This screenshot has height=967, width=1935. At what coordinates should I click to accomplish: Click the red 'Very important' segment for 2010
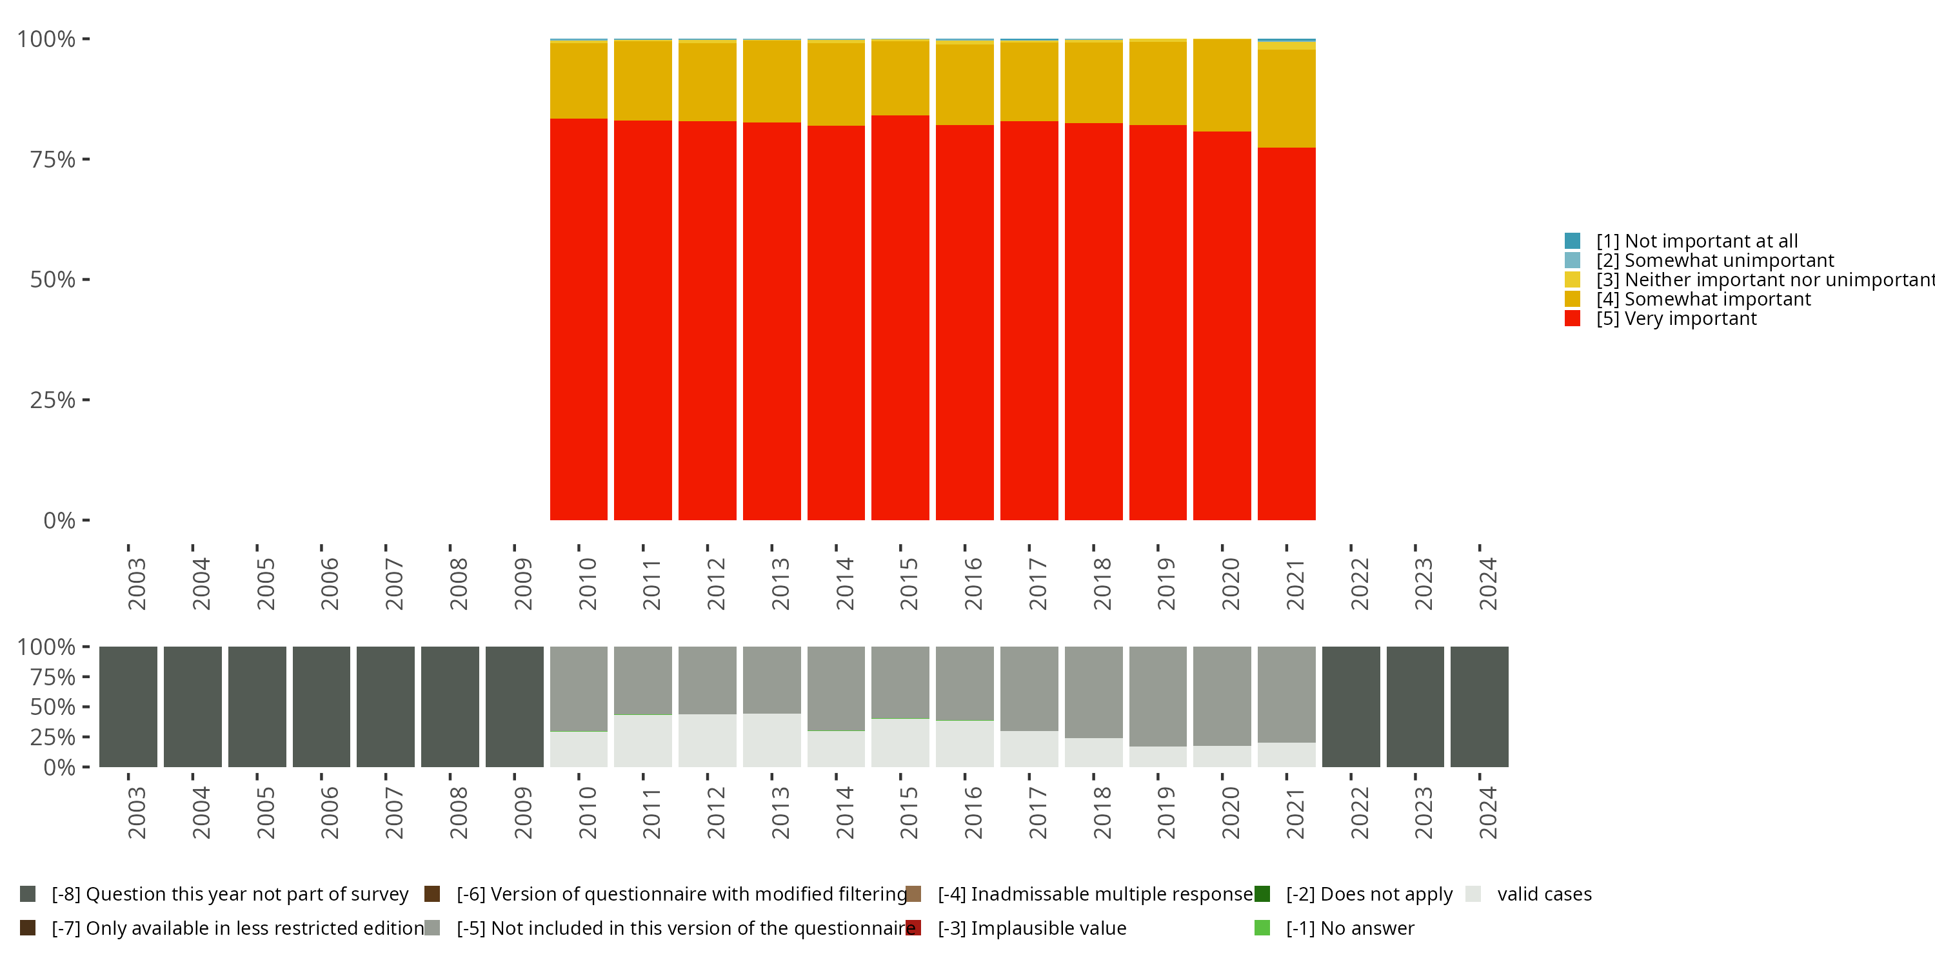click(579, 319)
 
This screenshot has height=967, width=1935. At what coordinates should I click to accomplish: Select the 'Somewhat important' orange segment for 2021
click(1286, 99)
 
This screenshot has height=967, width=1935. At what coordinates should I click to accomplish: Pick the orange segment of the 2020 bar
click(1222, 86)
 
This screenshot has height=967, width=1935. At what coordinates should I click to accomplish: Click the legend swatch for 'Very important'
click(1573, 319)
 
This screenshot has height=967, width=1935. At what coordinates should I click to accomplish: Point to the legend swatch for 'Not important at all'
click(1573, 241)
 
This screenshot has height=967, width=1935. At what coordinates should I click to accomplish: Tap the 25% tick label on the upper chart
click(53, 400)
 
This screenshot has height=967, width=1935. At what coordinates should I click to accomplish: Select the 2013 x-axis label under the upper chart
click(780, 583)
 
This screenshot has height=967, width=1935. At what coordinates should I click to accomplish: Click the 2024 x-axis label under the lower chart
click(1488, 813)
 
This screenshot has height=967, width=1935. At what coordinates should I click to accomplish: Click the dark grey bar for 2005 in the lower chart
click(257, 707)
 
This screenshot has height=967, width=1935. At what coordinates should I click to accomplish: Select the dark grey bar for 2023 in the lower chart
click(1414, 707)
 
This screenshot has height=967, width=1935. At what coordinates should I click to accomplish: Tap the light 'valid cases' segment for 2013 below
click(771, 740)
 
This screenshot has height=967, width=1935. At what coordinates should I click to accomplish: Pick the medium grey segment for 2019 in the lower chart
click(1158, 696)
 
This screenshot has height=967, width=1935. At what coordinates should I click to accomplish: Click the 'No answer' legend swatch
click(1262, 928)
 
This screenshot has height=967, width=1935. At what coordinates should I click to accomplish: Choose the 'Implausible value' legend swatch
click(913, 928)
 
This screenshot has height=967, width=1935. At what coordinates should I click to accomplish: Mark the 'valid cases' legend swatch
click(1473, 894)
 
